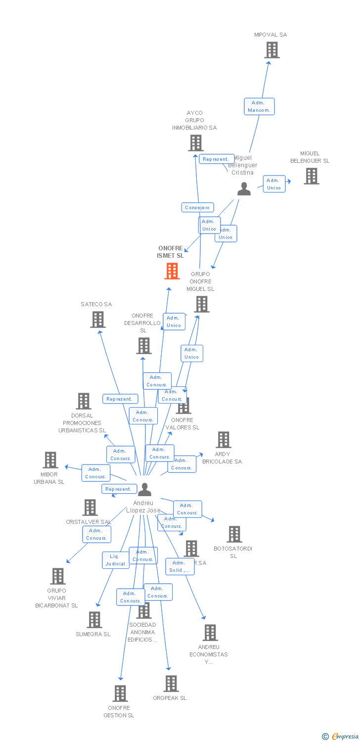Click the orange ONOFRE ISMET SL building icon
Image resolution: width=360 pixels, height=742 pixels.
[172, 271]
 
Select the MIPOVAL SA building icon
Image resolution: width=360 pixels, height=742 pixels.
[271, 50]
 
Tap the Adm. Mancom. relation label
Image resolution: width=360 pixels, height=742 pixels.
[259, 106]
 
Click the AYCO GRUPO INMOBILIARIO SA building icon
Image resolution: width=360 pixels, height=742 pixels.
[196, 143]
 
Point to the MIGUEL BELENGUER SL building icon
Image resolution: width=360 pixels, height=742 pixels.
[311, 176]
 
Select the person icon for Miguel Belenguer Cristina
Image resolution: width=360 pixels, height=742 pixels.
[244, 189]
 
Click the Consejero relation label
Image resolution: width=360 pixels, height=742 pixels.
[197, 208]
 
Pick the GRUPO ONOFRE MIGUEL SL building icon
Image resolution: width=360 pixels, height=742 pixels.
[202, 304]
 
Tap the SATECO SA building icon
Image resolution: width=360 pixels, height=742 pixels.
[98, 320]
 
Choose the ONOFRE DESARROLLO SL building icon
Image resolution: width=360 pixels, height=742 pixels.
[144, 346]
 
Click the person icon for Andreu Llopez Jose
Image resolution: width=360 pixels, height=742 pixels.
[144, 490]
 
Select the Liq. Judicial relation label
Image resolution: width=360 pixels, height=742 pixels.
[115, 560]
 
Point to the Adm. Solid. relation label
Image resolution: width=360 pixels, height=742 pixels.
[180, 566]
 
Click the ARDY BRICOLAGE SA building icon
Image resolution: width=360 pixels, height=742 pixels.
[223, 440]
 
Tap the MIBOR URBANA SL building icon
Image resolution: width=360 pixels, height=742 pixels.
[50, 460]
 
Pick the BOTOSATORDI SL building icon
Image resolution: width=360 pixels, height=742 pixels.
[234, 534]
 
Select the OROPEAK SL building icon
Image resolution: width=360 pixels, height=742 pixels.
[171, 684]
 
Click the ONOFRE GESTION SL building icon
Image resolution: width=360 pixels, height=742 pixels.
[120, 694]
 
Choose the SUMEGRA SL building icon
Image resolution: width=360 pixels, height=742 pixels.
[94, 620]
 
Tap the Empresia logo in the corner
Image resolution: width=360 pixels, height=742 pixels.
[342, 737]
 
